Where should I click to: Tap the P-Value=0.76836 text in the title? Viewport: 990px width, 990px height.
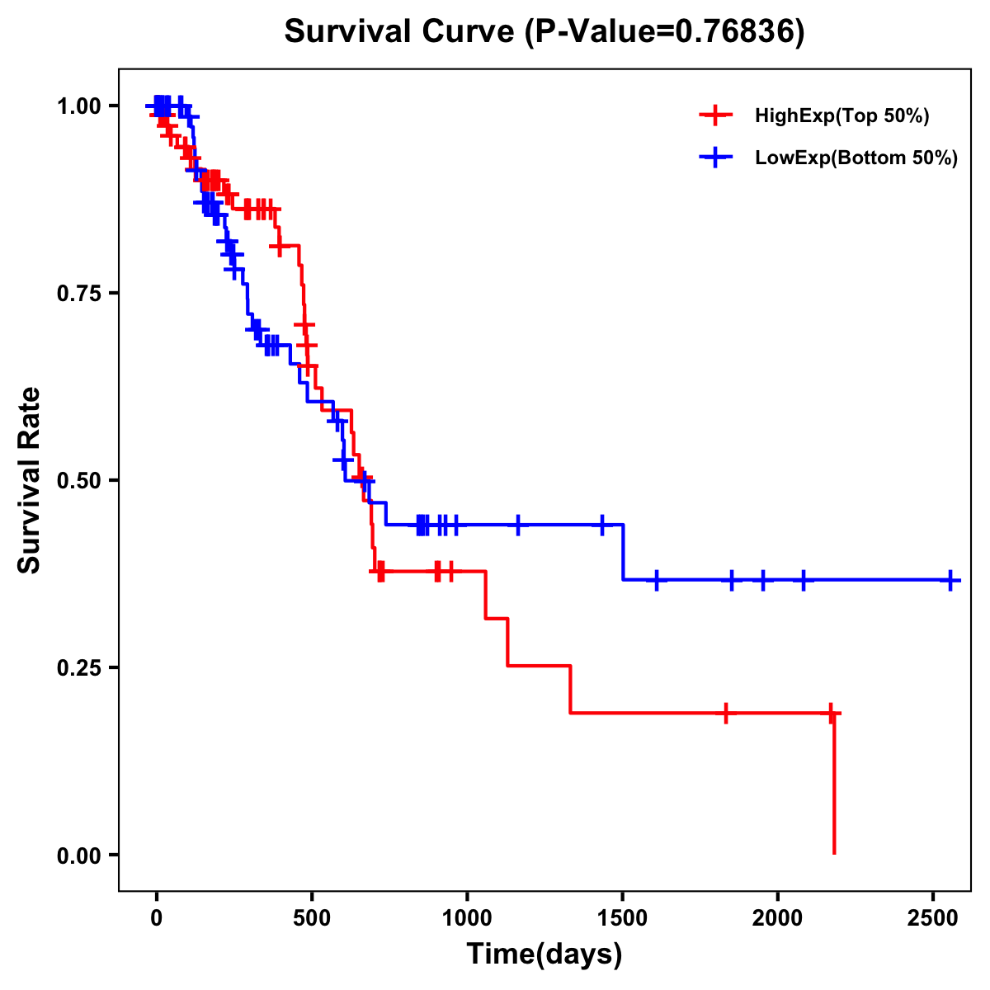(x=665, y=32)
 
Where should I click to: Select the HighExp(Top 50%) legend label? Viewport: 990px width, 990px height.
(x=841, y=116)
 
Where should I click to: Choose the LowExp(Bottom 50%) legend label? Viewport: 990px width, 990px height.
(x=856, y=158)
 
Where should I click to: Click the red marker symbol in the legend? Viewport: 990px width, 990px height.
(x=715, y=115)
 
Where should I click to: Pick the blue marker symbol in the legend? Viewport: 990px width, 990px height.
(x=715, y=158)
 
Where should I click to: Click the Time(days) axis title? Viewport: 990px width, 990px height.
(x=544, y=955)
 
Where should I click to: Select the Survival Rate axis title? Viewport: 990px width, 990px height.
(x=30, y=480)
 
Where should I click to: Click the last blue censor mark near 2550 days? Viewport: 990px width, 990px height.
(x=950, y=580)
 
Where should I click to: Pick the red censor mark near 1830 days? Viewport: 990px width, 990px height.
(x=726, y=713)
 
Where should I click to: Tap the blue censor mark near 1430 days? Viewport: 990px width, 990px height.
(x=601, y=524)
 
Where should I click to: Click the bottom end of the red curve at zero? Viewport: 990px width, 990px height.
(x=834, y=851)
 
